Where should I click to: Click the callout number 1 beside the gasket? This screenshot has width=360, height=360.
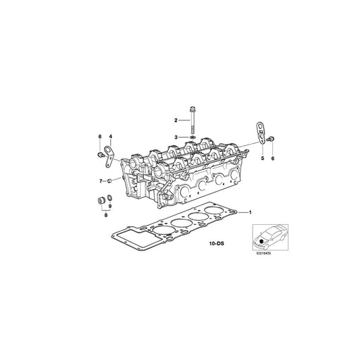coord(251,213)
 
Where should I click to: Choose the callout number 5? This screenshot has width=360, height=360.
coord(263,157)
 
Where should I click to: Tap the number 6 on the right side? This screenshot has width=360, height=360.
coord(273,157)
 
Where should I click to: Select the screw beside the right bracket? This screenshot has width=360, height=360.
coord(272,138)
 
